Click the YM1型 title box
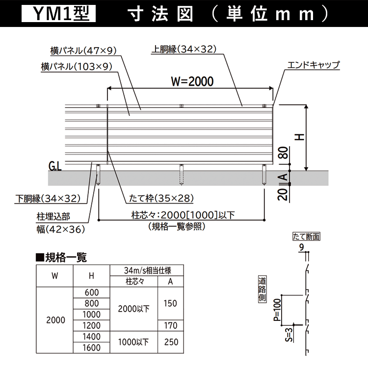pos(58,14)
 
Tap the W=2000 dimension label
pos(192,81)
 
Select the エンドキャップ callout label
pos(314,65)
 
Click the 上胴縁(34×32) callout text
pos(184,49)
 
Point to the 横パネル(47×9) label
pos(83,51)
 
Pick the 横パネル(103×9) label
pos(77,67)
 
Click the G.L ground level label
pos(55,166)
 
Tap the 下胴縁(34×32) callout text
pos(48,199)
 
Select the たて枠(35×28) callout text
pos(161,198)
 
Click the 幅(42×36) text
pos(60,229)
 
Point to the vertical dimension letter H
pos(299,137)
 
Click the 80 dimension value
pos(283,153)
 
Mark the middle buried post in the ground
pos(181,175)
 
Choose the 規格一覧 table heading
pos(61,257)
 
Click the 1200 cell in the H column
pos(92,325)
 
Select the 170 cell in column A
pos(171,325)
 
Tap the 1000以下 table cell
pos(133,342)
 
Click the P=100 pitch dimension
pos(277,310)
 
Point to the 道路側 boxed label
pos(262,289)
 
